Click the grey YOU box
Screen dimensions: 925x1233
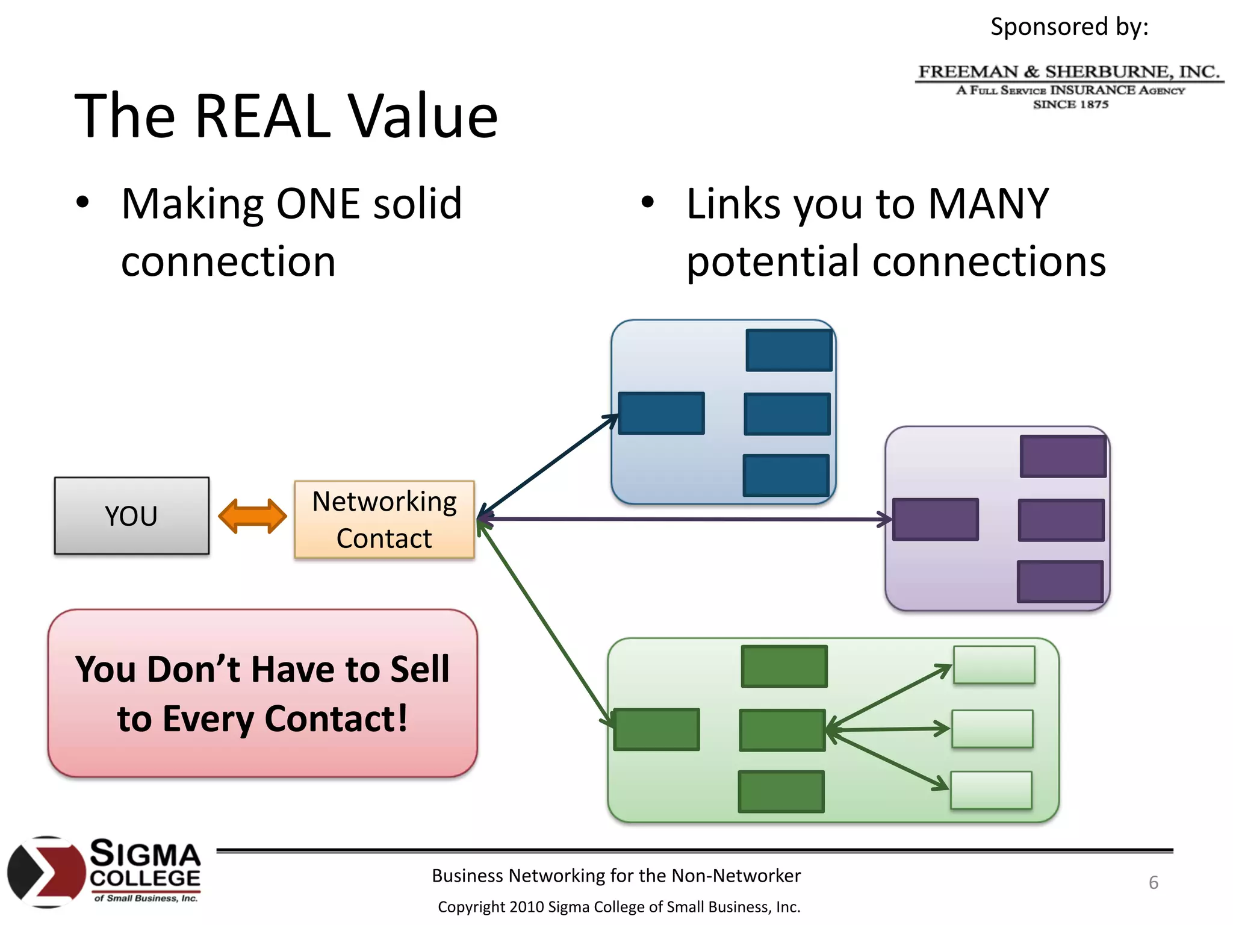pyautogui.click(x=131, y=515)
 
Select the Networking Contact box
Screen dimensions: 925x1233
pyautogui.click(x=384, y=519)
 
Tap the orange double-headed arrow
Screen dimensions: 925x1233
pyautogui.click(x=252, y=516)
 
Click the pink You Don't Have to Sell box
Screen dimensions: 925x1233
pyautogui.click(x=262, y=693)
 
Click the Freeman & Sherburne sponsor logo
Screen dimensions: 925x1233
pyautogui.click(x=1069, y=86)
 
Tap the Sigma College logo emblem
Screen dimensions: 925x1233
pyautogui.click(x=46, y=871)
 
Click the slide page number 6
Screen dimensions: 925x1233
pyautogui.click(x=1153, y=882)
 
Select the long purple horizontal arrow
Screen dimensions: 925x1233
pyautogui.click(x=686, y=519)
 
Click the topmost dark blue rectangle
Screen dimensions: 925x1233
pyautogui.click(x=789, y=350)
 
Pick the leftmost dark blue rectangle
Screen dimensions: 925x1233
pyautogui.click(x=661, y=413)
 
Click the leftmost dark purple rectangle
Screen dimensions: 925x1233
pyautogui.click(x=935, y=519)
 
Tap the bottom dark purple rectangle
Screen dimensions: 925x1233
pyautogui.click(x=1060, y=582)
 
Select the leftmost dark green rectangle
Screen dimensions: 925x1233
pyautogui.click(x=656, y=729)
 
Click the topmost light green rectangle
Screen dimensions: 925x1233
pyautogui.click(x=994, y=665)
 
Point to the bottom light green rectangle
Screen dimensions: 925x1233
pyautogui.click(x=991, y=790)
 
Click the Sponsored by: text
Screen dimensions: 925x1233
pyautogui.click(x=1069, y=26)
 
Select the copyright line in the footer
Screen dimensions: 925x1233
pyautogui.click(x=619, y=907)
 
